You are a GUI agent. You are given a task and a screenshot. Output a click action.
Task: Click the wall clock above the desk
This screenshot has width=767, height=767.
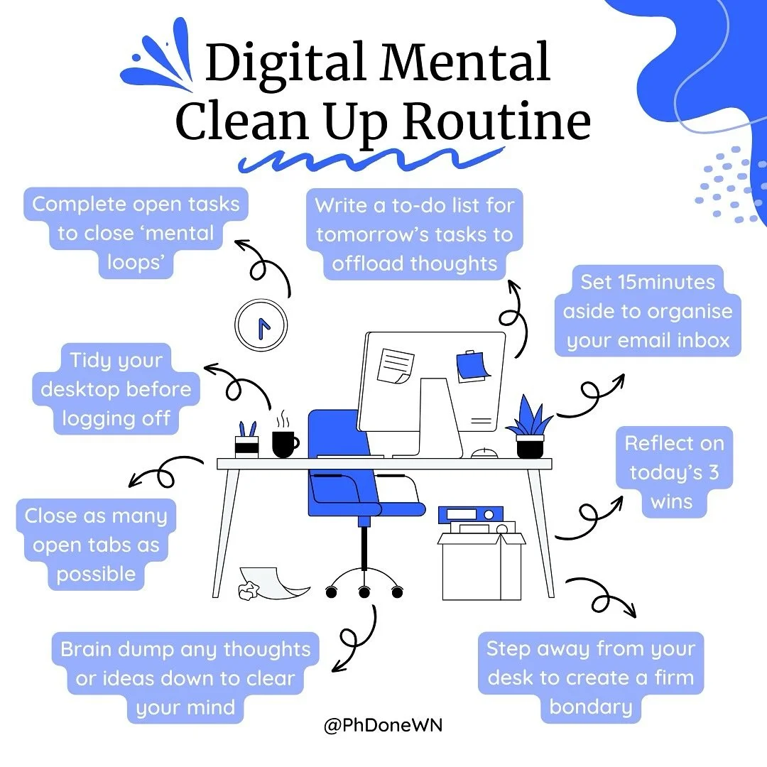261,325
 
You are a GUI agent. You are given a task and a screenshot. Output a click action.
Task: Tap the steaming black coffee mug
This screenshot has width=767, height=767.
284,443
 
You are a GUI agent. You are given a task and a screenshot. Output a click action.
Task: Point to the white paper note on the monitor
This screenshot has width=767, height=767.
396,364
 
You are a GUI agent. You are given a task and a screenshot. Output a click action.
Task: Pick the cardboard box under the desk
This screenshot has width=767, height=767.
481,565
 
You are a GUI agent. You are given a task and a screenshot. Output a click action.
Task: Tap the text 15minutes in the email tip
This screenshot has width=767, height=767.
648,282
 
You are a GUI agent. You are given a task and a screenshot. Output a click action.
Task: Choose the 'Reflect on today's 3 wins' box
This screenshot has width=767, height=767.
674,473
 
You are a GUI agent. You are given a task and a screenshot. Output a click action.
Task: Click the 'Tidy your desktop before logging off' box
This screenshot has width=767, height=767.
116,389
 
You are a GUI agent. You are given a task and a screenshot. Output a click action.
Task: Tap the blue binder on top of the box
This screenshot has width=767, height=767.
470,513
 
